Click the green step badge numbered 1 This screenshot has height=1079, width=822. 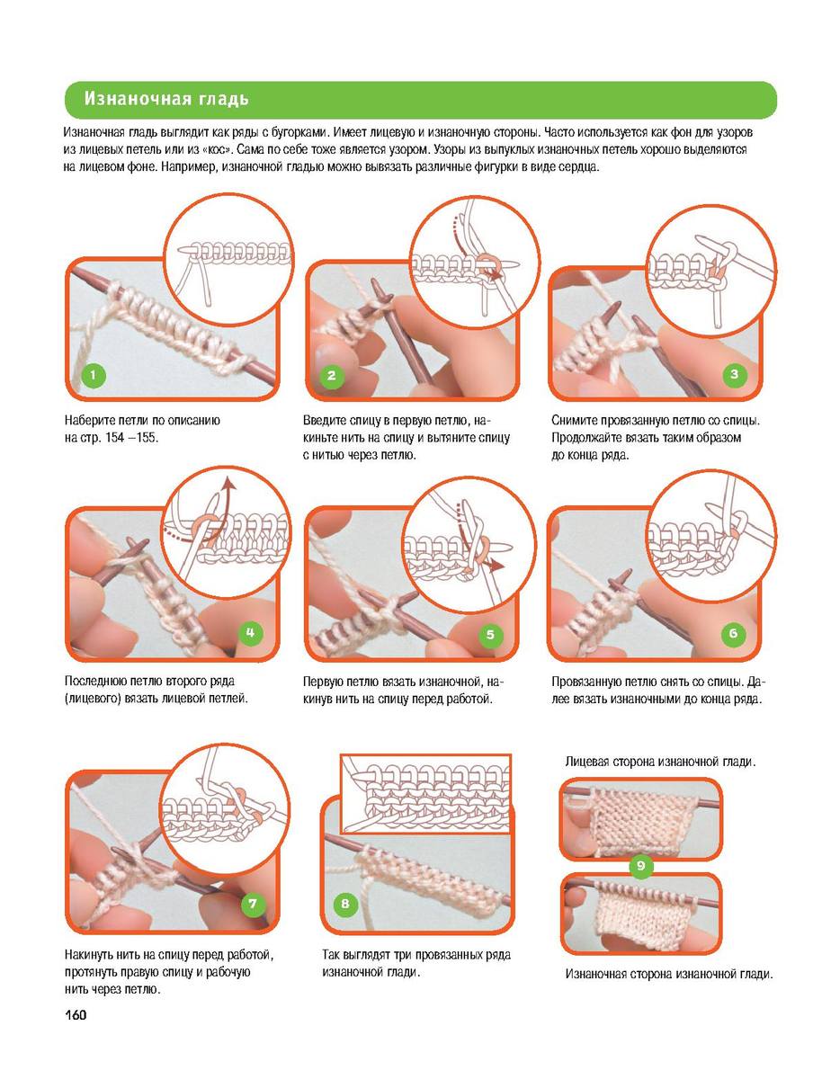(93, 376)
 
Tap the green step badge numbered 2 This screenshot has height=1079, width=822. (331, 376)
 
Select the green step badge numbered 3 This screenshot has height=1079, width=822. (734, 374)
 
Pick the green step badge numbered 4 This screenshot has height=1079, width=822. (251, 632)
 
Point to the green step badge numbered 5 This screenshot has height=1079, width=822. (490, 635)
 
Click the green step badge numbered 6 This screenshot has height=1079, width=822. (733, 633)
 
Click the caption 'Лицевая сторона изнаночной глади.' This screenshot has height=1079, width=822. (660, 762)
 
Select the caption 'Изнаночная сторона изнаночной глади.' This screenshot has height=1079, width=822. (668, 974)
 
